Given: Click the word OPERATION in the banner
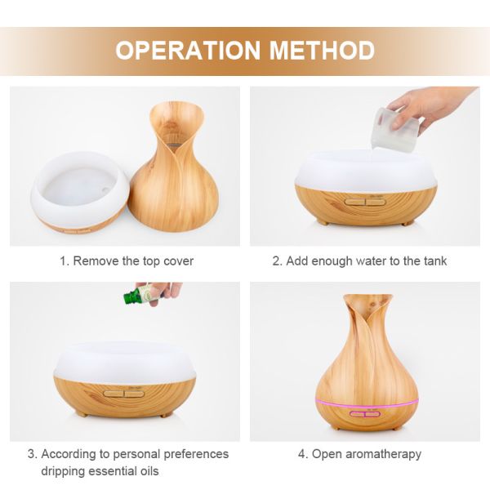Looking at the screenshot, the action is tap(188, 50).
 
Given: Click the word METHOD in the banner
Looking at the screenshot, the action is tap(322, 50).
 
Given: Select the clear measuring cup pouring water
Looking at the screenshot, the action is tap(395, 130).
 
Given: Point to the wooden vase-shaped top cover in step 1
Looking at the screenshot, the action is tap(173, 167).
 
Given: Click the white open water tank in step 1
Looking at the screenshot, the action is tap(80, 190).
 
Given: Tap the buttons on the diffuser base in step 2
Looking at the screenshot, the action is tap(365, 202).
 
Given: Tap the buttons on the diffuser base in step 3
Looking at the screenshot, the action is tap(124, 394).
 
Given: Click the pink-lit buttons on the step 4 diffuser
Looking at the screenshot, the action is tap(365, 414).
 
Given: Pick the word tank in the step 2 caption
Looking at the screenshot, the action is tap(435, 261).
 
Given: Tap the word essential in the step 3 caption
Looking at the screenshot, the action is tap(108, 471).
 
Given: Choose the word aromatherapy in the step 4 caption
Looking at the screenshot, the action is tap(383, 454).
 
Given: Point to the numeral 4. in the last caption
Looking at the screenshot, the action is tap(303, 454).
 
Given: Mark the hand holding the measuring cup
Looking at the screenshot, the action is tap(433, 108).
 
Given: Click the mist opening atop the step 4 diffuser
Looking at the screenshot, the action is tap(367, 299).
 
